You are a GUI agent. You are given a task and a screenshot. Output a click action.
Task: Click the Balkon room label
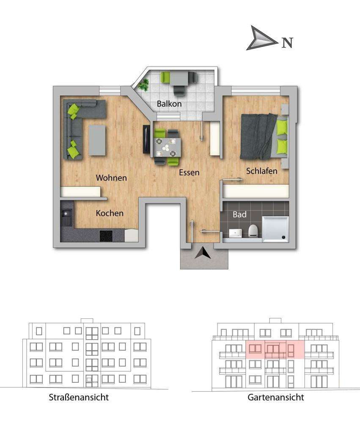click(x=169, y=104)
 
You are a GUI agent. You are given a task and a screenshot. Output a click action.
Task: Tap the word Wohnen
click(x=111, y=178)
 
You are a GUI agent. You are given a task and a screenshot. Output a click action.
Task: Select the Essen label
click(x=189, y=172)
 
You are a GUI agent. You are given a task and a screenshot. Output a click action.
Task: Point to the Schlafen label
click(x=262, y=171)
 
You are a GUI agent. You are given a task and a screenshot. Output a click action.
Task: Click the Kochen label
click(x=110, y=213)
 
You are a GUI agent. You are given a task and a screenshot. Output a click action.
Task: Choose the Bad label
click(x=239, y=215)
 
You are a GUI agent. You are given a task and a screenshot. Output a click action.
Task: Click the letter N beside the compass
click(x=287, y=43)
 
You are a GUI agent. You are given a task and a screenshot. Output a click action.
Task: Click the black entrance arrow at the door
click(x=203, y=253)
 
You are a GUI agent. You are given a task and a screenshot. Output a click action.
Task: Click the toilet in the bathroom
click(x=253, y=231)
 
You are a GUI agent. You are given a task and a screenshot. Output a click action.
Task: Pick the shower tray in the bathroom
click(x=275, y=229)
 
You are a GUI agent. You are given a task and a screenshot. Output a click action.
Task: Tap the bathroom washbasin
click(x=235, y=232)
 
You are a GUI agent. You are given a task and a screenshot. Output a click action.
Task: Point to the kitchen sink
click(x=66, y=218)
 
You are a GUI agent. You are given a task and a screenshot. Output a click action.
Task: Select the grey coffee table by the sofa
click(x=97, y=140)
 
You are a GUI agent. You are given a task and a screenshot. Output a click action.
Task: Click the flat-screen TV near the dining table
click(x=146, y=139)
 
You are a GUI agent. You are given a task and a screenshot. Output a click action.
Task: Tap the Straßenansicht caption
click(x=79, y=397)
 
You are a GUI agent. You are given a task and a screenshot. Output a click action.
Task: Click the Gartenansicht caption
click(x=276, y=397)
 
